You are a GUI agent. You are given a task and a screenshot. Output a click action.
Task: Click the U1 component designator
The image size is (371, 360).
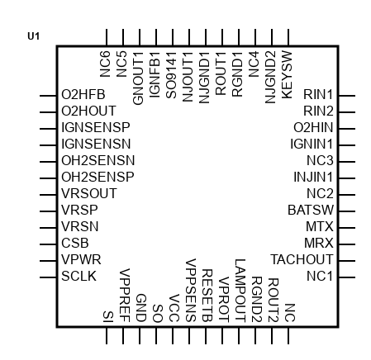[34, 36]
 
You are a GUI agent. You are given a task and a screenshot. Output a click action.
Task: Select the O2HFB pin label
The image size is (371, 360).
[83, 94]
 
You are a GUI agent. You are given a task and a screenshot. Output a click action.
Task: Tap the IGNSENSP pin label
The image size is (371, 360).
[96, 127]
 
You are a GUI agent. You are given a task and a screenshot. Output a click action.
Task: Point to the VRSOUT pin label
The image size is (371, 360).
[89, 193]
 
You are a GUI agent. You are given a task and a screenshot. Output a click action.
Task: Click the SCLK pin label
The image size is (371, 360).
[78, 276]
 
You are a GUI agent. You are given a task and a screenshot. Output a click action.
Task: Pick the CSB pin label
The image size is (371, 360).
[75, 243]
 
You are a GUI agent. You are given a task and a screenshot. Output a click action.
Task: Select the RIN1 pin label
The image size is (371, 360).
[318, 94]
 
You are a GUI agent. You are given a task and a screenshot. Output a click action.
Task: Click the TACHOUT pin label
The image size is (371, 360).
[302, 259]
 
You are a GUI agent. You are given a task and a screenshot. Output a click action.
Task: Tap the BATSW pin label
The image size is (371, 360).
[311, 210]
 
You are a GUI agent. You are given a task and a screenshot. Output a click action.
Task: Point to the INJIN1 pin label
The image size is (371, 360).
[313, 177]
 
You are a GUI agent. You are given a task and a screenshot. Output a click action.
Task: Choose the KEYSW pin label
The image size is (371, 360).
[287, 74]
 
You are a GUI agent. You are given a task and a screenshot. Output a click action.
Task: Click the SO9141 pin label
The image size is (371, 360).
[171, 75]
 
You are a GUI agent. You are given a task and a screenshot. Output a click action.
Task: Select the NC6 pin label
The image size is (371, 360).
[105, 64]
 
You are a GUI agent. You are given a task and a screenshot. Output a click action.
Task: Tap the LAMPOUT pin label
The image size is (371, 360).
[240, 291]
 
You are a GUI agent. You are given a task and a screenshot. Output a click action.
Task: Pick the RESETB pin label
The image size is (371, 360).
[207, 296]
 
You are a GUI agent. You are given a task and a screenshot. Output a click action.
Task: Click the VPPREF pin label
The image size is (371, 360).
[125, 296]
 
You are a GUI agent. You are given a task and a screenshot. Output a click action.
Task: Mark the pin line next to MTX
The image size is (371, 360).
[347, 228]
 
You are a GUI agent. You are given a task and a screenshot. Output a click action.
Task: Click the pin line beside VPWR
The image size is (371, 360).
[48, 261]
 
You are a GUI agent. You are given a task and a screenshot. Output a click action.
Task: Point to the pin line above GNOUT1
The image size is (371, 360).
[140, 37]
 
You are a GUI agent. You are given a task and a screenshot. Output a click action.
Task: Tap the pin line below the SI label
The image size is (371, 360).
[107, 335]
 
